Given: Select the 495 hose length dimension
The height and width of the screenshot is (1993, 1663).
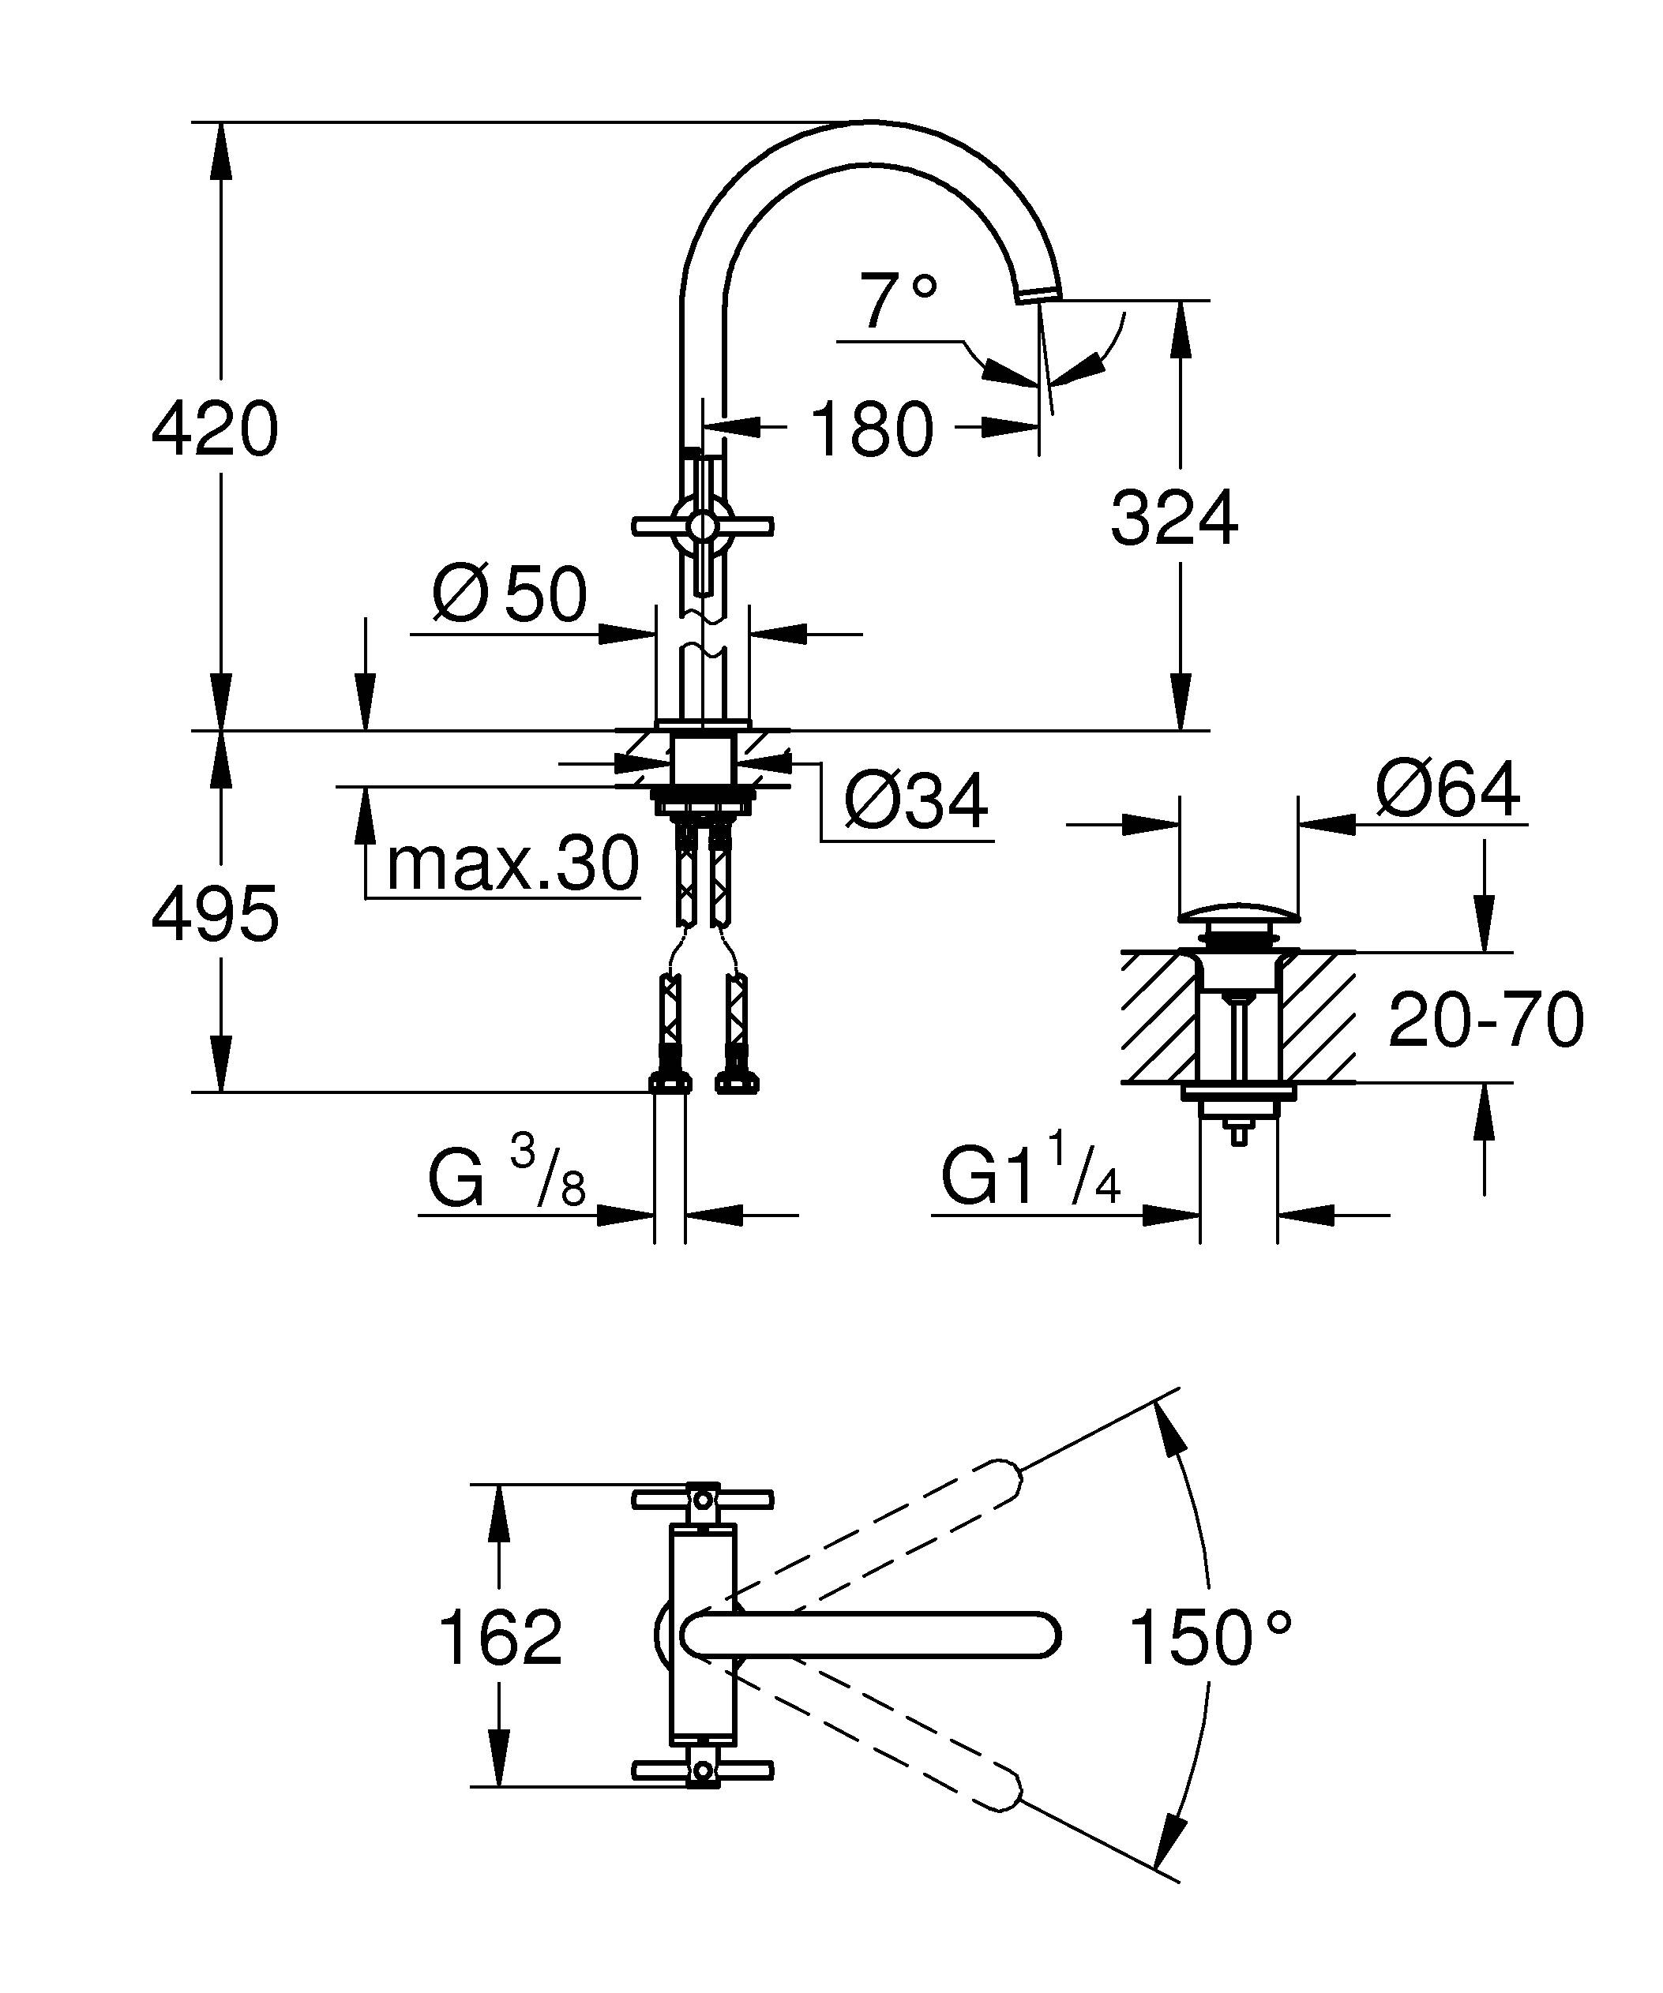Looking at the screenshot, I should [x=216, y=914].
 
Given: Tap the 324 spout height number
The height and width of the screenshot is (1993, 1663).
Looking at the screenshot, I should [x=1174, y=519].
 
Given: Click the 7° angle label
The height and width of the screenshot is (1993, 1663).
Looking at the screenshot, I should [x=898, y=300].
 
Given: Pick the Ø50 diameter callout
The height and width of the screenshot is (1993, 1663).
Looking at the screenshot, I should [x=510, y=595].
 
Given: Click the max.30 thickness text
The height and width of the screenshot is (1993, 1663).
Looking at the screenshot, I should [x=512, y=864].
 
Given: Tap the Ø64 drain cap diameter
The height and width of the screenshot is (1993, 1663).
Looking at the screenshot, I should [x=1447, y=789].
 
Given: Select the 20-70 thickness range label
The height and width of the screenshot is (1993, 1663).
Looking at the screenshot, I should [x=1485, y=1021].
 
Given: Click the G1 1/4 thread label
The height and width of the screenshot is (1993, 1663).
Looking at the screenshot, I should [x=1030, y=1181].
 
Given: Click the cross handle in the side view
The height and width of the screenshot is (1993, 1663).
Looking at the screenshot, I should [x=703, y=525].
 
